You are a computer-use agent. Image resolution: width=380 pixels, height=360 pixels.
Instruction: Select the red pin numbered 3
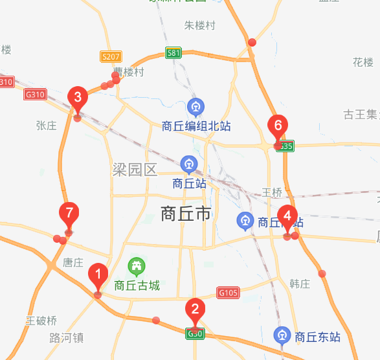pyautogui.click(x=78, y=98)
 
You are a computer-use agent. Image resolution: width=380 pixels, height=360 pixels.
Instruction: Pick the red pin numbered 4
pyautogui.click(x=287, y=216)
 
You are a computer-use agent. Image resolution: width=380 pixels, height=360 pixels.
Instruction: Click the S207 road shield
pyautogui.click(x=111, y=57)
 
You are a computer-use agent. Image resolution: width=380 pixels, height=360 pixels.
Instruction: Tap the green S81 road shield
pyautogui.click(x=173, y=54)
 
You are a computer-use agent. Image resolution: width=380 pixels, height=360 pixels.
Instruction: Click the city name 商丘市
pyautogui.click(x=186, y=214)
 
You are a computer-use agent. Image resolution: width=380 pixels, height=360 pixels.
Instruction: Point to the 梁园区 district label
pyautogui.click(x=135, y=170)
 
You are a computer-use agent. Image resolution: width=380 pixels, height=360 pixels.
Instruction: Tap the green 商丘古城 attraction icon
pyautogui.click(x=136, y=265)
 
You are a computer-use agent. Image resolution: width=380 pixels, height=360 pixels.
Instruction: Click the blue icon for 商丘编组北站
pyautogui.click(x=196, y=106)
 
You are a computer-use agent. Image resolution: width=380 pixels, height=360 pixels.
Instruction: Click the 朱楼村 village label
pyautogui.click(x=199, y=25)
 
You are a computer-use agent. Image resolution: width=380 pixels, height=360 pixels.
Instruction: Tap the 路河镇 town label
pyautogui.click(x=67, y=338)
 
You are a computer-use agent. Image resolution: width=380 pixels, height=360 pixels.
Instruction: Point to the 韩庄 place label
pyautogui.click(x=300, y=284)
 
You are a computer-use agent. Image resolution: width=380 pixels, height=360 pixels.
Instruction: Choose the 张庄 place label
pyautogui.click(x=47, y=126)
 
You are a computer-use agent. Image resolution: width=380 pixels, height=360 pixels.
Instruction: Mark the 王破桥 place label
pyautogui.click(x=41, y=321)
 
